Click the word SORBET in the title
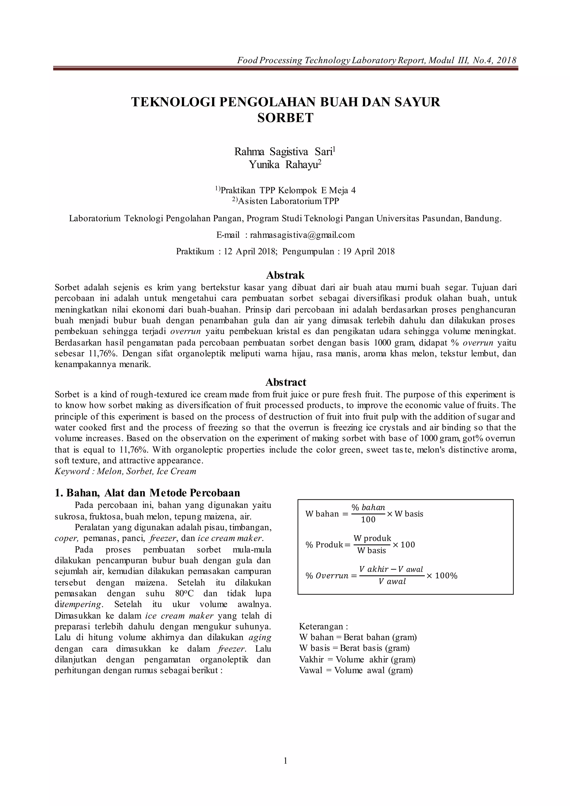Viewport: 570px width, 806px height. coord(285,118)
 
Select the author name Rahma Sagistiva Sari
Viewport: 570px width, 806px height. coord(285,152)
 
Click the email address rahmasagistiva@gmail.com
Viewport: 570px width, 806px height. coord(302,235)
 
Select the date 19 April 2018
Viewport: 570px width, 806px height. coord(368,251)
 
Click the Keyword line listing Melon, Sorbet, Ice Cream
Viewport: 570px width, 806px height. coord(125,471)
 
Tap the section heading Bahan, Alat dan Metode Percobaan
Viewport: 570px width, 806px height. coord(148,493)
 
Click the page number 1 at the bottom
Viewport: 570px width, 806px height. coord(285,771)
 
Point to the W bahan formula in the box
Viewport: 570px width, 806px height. coord(364,513)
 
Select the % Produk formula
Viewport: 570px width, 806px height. coord(360,544)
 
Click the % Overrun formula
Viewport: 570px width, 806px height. coord(381,575)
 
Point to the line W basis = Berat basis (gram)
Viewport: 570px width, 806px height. coord(354,648)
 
